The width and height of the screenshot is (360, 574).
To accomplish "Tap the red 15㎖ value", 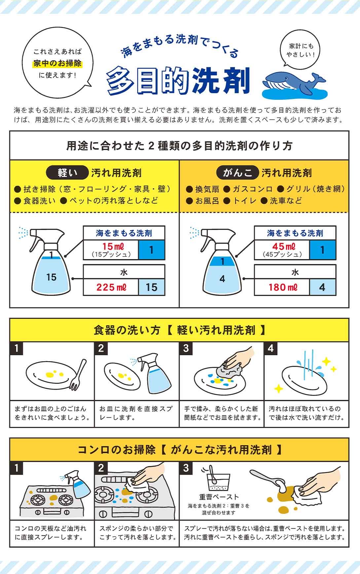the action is (113, 246).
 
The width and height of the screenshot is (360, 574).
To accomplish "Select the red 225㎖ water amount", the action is (111, 287).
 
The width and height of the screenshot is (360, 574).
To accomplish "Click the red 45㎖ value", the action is (284, 246).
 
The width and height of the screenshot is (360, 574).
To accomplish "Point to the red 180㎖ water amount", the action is (283, 287).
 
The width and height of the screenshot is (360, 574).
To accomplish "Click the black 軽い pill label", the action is (67, 172).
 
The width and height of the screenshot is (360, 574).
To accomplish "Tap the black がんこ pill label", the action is (238, 172).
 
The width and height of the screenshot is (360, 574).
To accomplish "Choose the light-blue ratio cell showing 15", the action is (152, 287).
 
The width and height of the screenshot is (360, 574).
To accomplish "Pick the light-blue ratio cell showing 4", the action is (322, 287).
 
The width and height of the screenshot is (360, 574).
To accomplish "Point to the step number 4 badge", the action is (270, 348).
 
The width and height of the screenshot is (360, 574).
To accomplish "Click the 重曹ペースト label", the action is (219, 497).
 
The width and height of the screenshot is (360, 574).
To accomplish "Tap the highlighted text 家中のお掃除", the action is (57, 63).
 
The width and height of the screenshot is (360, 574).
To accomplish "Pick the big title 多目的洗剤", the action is (178, 81).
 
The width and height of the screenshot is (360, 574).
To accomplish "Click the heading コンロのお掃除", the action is (116, 450).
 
